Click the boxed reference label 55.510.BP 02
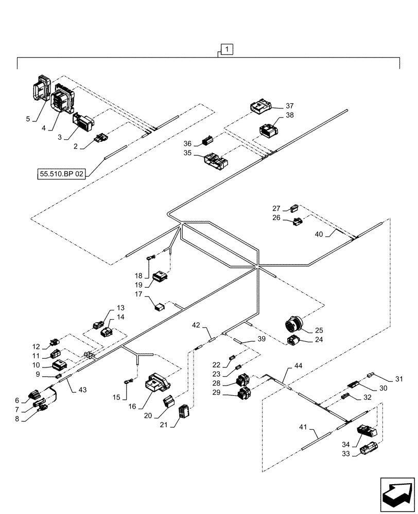coord(61,174)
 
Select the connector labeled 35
coord(216,161)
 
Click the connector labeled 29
coord(243,395)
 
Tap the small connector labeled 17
coord(160,307)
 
